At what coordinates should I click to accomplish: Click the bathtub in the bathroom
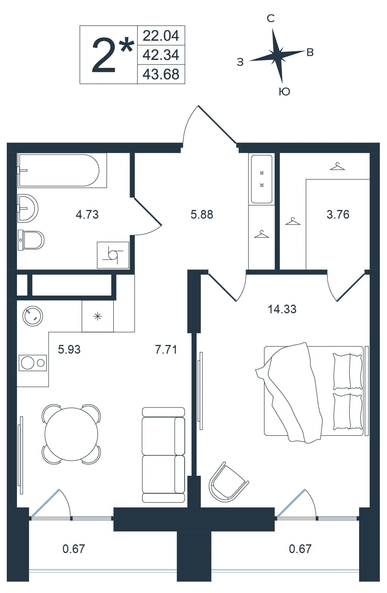tap(62, 170)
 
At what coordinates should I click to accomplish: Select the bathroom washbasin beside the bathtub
tap(28, 208)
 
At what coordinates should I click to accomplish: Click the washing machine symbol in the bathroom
tap(113, 255)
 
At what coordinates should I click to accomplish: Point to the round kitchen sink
tap(33, 316)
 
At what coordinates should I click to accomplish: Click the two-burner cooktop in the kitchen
tap(33, 363)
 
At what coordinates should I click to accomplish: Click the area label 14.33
tap(282, 309)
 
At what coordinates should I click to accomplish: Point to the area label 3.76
tap(338, 215)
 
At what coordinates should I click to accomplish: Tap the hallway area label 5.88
tap(202, 215)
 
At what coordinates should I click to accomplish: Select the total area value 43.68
tap(161, 74)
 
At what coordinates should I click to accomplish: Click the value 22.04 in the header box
tap(161, 35)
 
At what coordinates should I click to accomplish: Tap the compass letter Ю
tap(284, 92)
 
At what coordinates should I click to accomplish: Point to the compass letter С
tap(271, 18)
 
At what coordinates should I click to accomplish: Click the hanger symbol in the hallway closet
tap(262, 234)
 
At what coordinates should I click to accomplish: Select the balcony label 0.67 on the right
tap(300, 549)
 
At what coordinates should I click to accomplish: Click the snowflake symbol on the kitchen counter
tap(98, 316)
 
